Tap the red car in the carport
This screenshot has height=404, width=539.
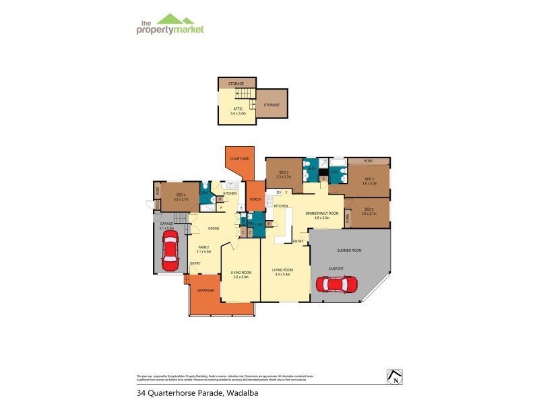pos(340,285)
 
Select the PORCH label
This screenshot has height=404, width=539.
pos(255,199)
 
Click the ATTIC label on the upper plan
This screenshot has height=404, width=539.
pos(238,109)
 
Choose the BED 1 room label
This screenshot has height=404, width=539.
pos(368,179)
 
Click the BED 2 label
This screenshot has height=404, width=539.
pos(369,209)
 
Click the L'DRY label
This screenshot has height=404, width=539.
pos(259,224)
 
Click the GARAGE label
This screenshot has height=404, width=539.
pos(166,224)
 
